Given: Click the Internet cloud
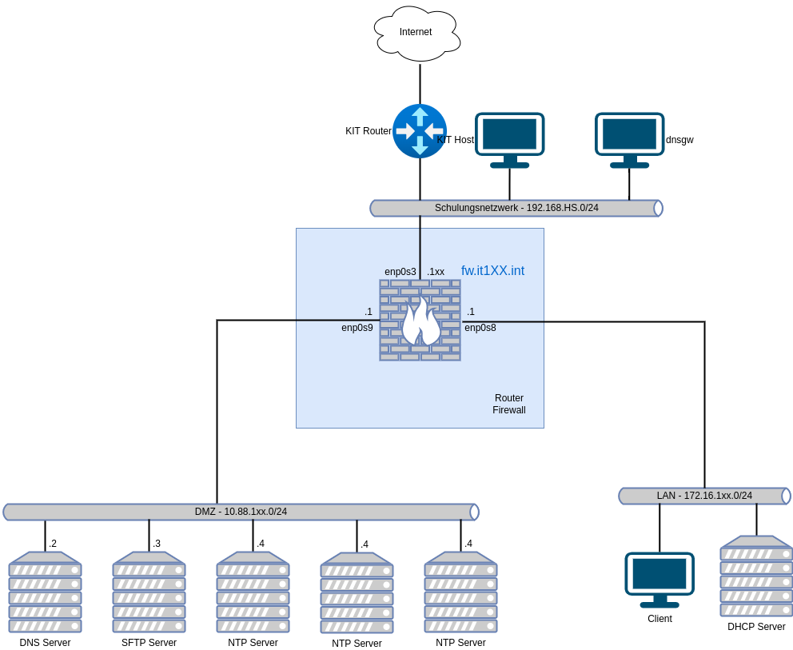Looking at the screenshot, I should tap(416, 33).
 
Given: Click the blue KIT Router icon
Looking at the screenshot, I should tap(420, 130).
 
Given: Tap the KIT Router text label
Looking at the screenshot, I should tap(369, 131).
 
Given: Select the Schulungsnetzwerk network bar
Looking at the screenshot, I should tap(516, 208).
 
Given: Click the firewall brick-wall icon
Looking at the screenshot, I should tap(420, 320).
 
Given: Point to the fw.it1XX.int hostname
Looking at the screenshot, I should tap(492, 271).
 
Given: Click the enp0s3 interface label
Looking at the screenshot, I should tap(400, 272).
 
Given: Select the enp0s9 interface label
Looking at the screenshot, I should tap(357, 328).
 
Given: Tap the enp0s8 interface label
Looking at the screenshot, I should tap(480, 328).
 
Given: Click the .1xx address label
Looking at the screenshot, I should tap(436, 272).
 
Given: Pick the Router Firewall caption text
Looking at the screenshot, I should tap(509, 404).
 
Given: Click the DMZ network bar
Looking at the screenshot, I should tap(241, 512).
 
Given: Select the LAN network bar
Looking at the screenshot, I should tap(704, 496).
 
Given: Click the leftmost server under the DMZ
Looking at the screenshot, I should tap(45, 592).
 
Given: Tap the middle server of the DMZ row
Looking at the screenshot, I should tap(253, 592).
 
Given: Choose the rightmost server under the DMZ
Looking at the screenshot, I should tap(460, 592).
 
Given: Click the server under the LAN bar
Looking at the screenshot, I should tap(756, 576).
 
